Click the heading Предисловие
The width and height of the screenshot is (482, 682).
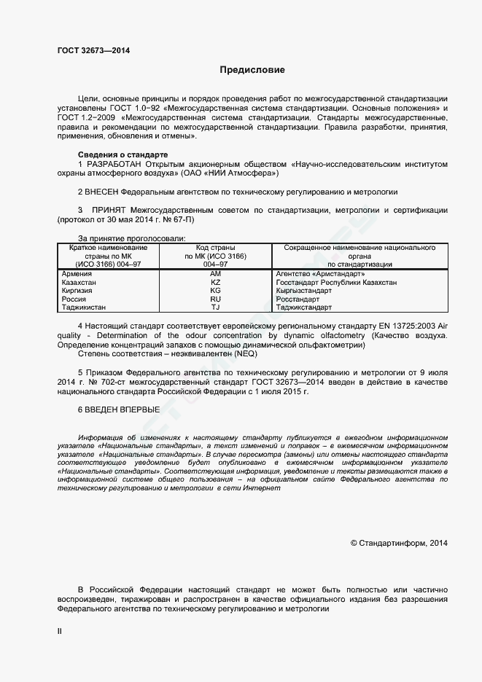[253, 70]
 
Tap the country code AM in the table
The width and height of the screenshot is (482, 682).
[215, 273]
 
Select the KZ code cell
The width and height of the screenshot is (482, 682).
[215, 282]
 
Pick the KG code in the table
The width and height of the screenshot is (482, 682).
[215, 291]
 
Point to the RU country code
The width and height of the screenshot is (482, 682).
[215, 299]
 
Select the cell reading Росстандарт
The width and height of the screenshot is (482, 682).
[298, 299]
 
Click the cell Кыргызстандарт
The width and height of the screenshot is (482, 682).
[303, 291]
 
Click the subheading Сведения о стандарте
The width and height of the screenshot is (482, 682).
[123, 155]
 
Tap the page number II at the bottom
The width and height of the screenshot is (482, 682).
[60, 631]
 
